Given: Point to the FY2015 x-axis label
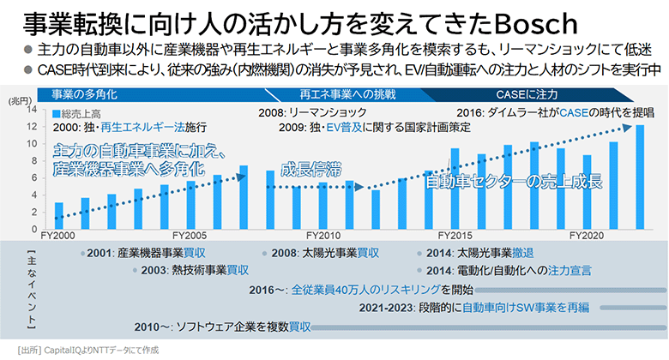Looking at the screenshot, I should [x=458, y=234].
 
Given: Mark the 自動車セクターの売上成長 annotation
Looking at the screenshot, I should [x=514, y=182].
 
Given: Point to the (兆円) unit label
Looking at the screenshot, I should [x=20, y=100].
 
